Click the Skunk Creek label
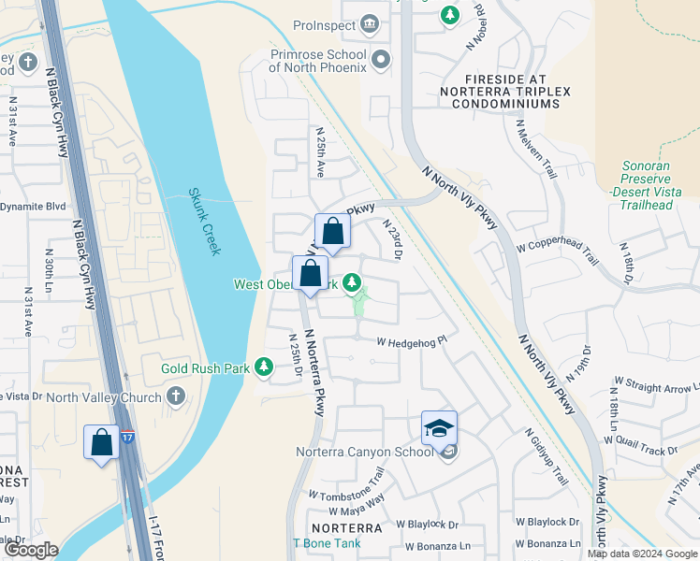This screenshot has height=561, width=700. [x=204, y=221]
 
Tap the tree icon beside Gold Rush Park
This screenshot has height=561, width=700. [x=263, y=369]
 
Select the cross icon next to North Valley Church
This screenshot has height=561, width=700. [x=175, y=397]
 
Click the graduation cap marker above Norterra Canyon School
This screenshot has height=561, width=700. [x=439, y=428]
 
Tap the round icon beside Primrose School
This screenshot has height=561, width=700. [x=380, y=61]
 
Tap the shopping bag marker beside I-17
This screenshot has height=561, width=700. [x=102, y=442]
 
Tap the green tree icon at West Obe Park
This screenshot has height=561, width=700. [x=352, y=281]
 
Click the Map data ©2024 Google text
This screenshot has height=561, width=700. [x=642, y=553]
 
